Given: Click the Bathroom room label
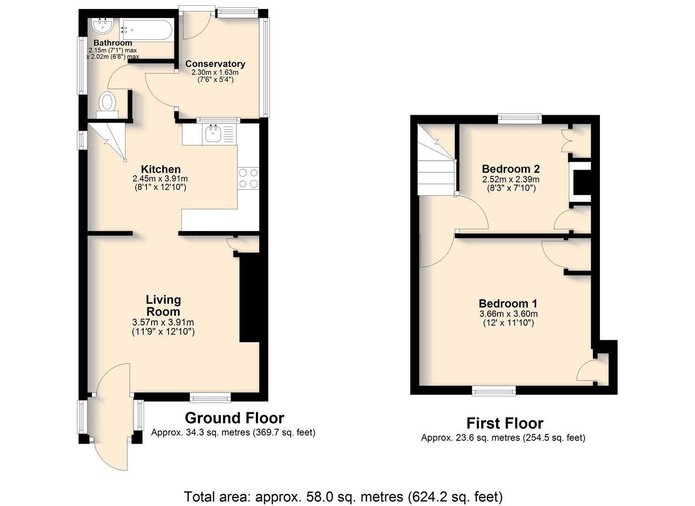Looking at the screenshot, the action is pos(113,43).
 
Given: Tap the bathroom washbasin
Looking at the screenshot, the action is pos(102,26).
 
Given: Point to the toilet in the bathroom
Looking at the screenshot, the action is pos(107,105).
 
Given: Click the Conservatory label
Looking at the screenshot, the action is pos(215,64).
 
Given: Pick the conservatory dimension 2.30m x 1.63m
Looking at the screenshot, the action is pos(215,72).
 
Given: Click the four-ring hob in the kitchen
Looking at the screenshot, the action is pos(248,179).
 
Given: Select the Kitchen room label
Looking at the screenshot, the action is pos(161,169).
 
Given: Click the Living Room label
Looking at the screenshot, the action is pos(163,305).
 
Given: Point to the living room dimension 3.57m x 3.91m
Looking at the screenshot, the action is pos(163,322).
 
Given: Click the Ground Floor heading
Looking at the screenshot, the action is pos(234,418).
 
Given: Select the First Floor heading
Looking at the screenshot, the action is pos(505,424).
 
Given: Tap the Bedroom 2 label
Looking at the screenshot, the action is pos(511,169).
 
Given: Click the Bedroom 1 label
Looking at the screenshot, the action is pos(508,304).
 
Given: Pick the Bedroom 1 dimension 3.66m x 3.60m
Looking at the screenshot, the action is pos(508,314).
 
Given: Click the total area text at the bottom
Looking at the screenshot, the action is pos(343,497).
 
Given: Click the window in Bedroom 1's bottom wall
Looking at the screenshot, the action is pos(494,391).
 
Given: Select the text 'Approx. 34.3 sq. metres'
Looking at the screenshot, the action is pos(200,432).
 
